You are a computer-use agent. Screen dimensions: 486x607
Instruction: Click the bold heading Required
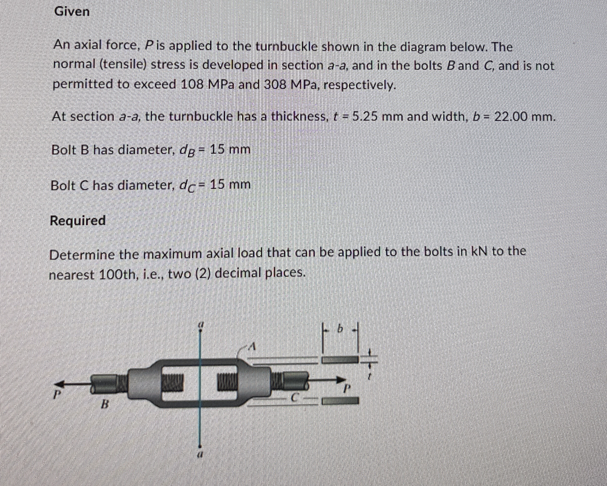[x=78, y=221]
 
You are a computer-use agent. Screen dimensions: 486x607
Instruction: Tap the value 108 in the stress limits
[x=192, y=84]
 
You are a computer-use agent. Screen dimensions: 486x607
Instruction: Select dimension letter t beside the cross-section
[x=370, y=376]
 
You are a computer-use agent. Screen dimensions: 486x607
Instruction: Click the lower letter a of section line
[x=200, y=455]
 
